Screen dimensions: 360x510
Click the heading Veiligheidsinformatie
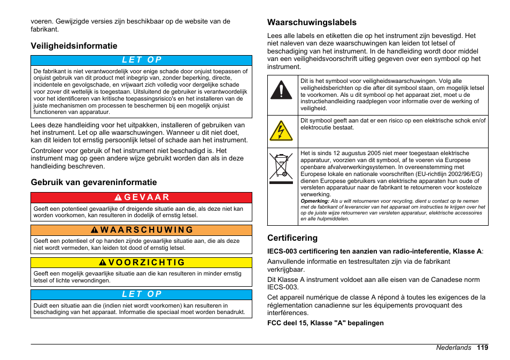point(74,46)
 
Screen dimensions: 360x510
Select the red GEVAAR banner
point(141,197)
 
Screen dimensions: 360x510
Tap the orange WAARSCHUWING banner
point(141,230)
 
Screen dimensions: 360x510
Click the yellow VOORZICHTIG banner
point(141,263)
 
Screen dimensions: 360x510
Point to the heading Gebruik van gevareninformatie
point(94,182)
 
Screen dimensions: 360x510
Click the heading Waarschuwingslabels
point(312,22)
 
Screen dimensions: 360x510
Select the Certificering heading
point(292,238)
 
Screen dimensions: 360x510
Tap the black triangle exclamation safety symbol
point(281,90)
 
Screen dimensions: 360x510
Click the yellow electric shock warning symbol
point(281,131)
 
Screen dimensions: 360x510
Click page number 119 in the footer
point(482,348)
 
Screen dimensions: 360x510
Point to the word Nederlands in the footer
point(453,348)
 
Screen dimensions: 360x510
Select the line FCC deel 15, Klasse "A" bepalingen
point(325,323)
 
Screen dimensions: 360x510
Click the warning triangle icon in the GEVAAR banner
point(118,197)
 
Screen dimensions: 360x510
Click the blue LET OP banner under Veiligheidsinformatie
point(141,60)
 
